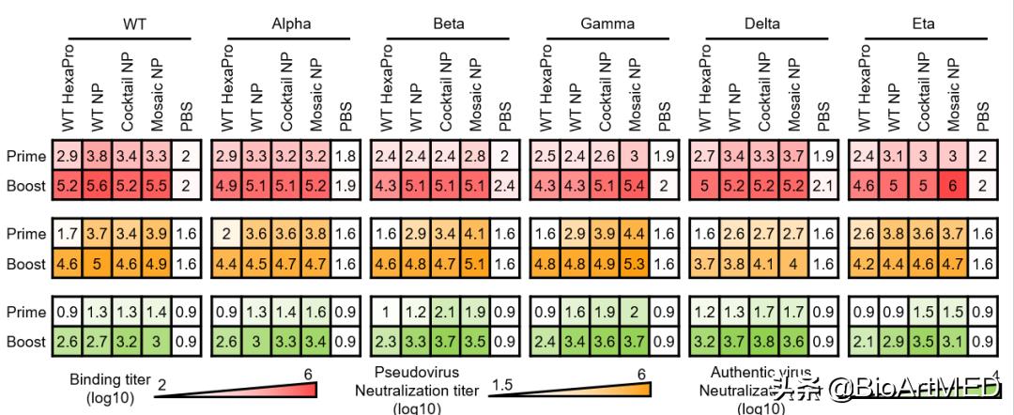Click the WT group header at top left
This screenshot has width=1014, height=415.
(x=134, y=23)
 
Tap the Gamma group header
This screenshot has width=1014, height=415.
(x=607, y=23)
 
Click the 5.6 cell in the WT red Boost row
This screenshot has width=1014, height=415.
(x=97, y=186)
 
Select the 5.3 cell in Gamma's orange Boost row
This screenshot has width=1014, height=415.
(x=635, y=265)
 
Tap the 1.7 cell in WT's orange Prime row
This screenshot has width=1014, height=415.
(x=68, y=233)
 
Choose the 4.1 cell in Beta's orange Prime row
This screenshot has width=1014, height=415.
(x=476, y=233)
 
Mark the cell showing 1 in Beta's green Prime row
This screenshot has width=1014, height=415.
(x=385, y=311)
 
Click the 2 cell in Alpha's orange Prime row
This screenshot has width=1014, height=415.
(x=226, y=233)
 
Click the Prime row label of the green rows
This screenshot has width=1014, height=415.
(x=26, y=311)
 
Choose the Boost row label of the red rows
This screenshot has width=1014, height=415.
(x=25, y=186)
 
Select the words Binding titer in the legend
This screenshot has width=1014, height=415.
(x=110, y=379)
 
